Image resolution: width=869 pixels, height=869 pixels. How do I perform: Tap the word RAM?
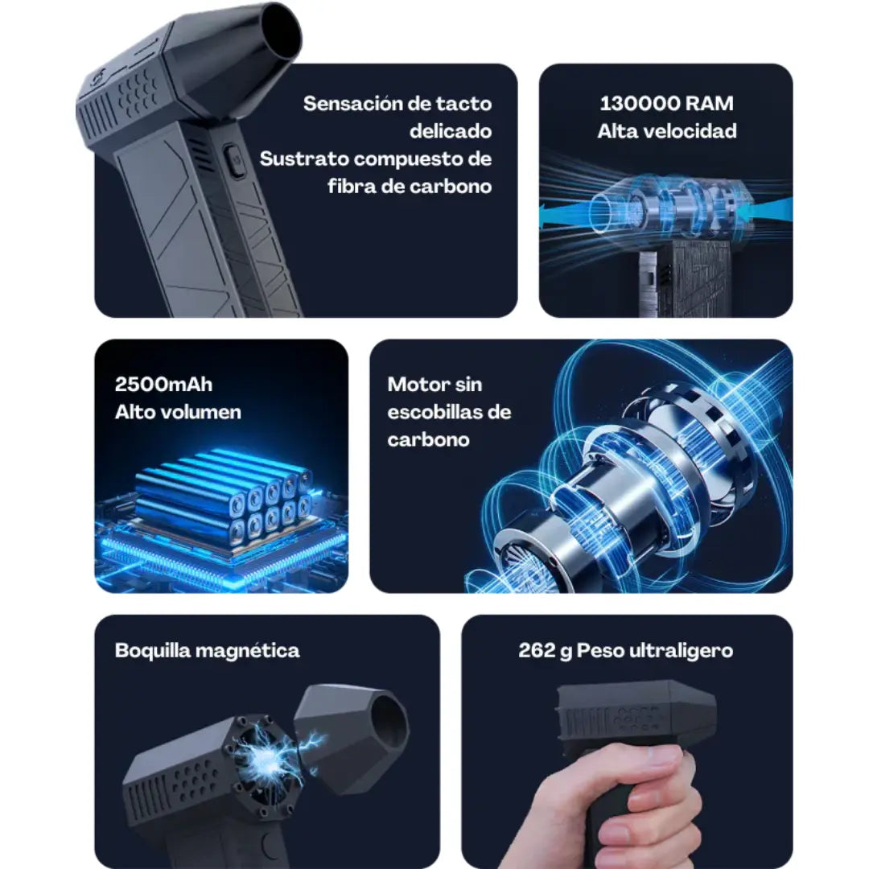pos(710,104)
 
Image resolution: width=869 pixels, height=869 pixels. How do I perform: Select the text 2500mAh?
pos(163,385)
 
